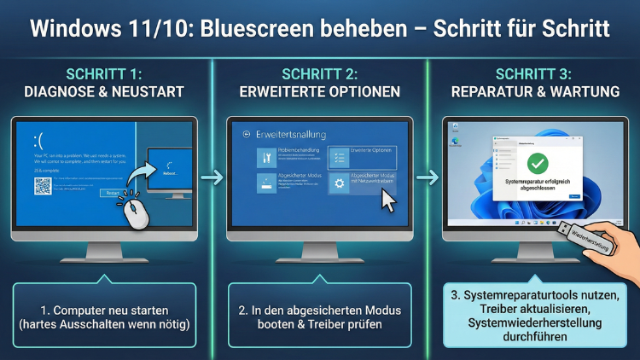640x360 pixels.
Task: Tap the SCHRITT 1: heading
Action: [x=105, y=73]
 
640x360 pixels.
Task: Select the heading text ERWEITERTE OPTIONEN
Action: [x=319, y=91]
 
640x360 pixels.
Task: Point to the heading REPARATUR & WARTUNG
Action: [x=535, y=91]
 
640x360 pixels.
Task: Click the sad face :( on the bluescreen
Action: [x=39, y=138]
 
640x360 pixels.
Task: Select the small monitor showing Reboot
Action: [x=172, y=167]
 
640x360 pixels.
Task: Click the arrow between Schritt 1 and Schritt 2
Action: [x=211, y=179]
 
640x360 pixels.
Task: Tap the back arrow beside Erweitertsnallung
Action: [x=247, y=134]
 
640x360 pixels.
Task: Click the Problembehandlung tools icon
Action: [x=266, y=156]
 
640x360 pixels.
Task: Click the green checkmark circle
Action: [x=537, y=163]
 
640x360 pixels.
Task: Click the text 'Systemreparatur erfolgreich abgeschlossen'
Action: [x=537, y=186]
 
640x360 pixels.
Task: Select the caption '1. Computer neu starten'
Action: [x=105, y=311]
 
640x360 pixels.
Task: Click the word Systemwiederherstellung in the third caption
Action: [x=535, y=323]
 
